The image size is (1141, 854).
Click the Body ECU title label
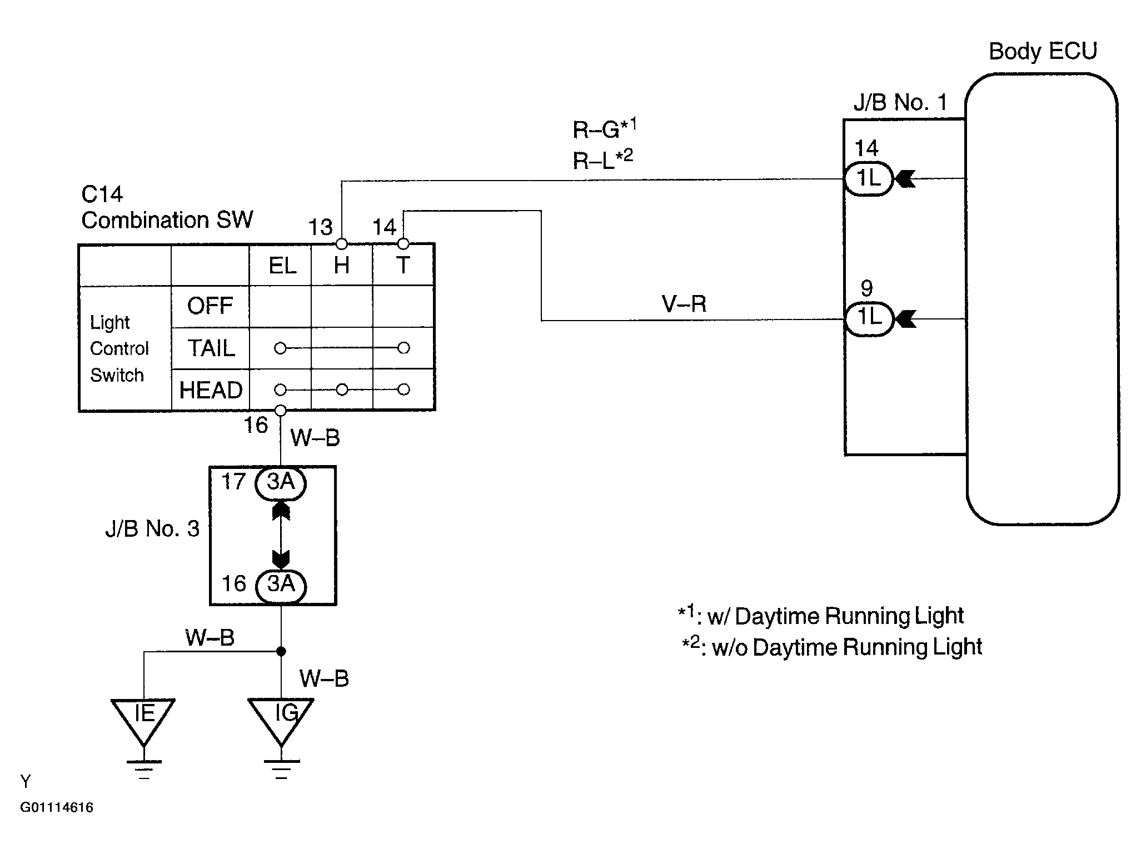(x=1043, y=51)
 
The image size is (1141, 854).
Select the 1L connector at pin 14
(x=869, y=179)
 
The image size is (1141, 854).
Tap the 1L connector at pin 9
(x=869, y=319)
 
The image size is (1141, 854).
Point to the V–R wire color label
(x=684, y=304)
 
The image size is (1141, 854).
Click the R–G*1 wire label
(x=605, y=128)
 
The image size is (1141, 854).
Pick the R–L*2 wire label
(x=603, y=159)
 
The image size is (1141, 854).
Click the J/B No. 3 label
(x=152, y=528)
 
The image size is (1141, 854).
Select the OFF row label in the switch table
(x=210, y=306)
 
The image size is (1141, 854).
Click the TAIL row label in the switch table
(x=211, y=348)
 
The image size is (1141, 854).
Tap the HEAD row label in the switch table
(x=211, y=390)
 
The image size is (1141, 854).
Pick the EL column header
(x=282, y=266)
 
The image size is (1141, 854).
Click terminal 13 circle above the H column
(x=342, y=244)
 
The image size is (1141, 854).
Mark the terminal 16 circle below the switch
(x=281, y=411)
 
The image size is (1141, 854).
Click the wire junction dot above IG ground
(x=281, y=651)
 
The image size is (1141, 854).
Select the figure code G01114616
(x=57, y=807)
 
